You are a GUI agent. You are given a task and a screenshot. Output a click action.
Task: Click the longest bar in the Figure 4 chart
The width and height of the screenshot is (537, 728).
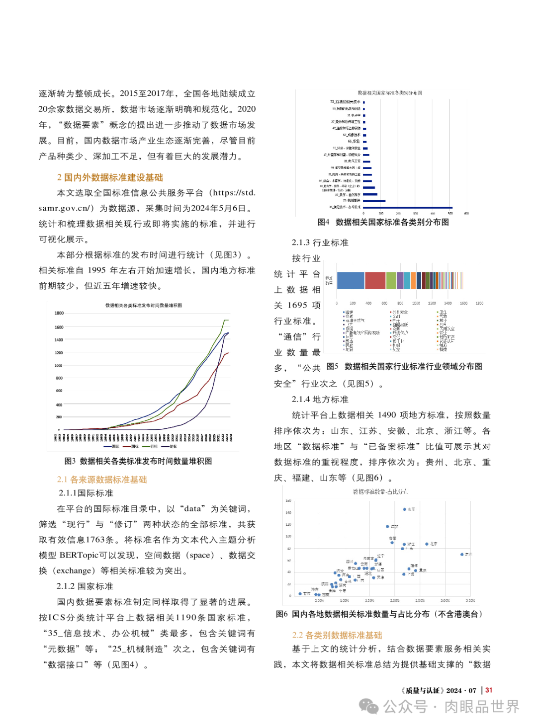click(408, 207)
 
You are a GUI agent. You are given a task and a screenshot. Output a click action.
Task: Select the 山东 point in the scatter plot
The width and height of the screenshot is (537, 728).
click(405, 509)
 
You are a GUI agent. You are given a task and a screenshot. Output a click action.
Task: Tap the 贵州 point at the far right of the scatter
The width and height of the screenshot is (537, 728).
click(462, 554)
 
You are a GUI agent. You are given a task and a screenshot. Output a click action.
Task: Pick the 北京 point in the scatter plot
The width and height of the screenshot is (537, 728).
click(427, 544)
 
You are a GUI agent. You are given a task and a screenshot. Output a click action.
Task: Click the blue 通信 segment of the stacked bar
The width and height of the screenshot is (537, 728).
click(351, 281)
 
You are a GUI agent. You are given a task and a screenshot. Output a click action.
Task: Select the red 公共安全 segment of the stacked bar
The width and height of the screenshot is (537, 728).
click(375, 281)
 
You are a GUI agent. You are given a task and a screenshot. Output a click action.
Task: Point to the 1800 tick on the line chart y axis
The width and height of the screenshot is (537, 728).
click(59, 313)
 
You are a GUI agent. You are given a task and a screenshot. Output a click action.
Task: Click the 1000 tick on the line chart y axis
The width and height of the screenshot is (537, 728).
click(59, 365)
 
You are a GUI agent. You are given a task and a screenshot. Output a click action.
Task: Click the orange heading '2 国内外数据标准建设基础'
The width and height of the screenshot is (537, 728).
click(110, 177)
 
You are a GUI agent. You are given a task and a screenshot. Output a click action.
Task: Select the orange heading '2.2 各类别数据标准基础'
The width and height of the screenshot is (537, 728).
click(337, 635)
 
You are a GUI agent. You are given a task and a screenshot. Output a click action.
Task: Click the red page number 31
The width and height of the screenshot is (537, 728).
click(489, 690)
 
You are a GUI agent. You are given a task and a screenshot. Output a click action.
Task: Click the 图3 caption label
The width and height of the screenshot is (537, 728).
click(70, 461)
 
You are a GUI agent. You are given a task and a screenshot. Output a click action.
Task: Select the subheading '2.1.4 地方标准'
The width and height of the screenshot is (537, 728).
click(320, 400)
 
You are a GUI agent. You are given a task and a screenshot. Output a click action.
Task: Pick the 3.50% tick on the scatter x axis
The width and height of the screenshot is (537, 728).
click(470, 601)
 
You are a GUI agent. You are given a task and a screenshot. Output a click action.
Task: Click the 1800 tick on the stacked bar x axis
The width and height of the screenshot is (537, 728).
click(479, 303)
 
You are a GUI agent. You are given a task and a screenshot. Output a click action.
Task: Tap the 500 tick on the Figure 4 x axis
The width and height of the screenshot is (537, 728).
click(450, 213)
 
